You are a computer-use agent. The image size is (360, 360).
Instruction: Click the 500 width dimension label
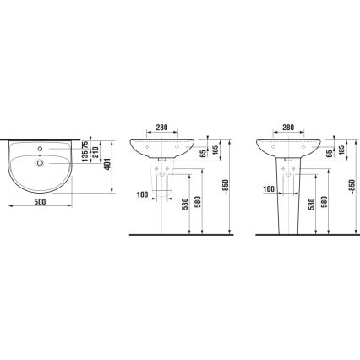[40, 202]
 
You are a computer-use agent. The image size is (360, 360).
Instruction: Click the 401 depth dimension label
[107, 164]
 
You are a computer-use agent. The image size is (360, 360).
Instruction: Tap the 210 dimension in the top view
[95, 152]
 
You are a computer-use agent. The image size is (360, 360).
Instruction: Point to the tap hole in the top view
[40, 149]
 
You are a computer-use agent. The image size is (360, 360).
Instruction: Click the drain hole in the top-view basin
[40, 163]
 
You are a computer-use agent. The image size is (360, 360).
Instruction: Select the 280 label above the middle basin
[162, 128]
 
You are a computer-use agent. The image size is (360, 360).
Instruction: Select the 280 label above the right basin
[288, 128]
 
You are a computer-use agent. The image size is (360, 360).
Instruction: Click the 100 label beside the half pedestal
[142, 194]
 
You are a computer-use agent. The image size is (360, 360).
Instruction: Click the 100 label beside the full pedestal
[269, 189]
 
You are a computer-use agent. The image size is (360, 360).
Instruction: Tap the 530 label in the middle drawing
[185, 204]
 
